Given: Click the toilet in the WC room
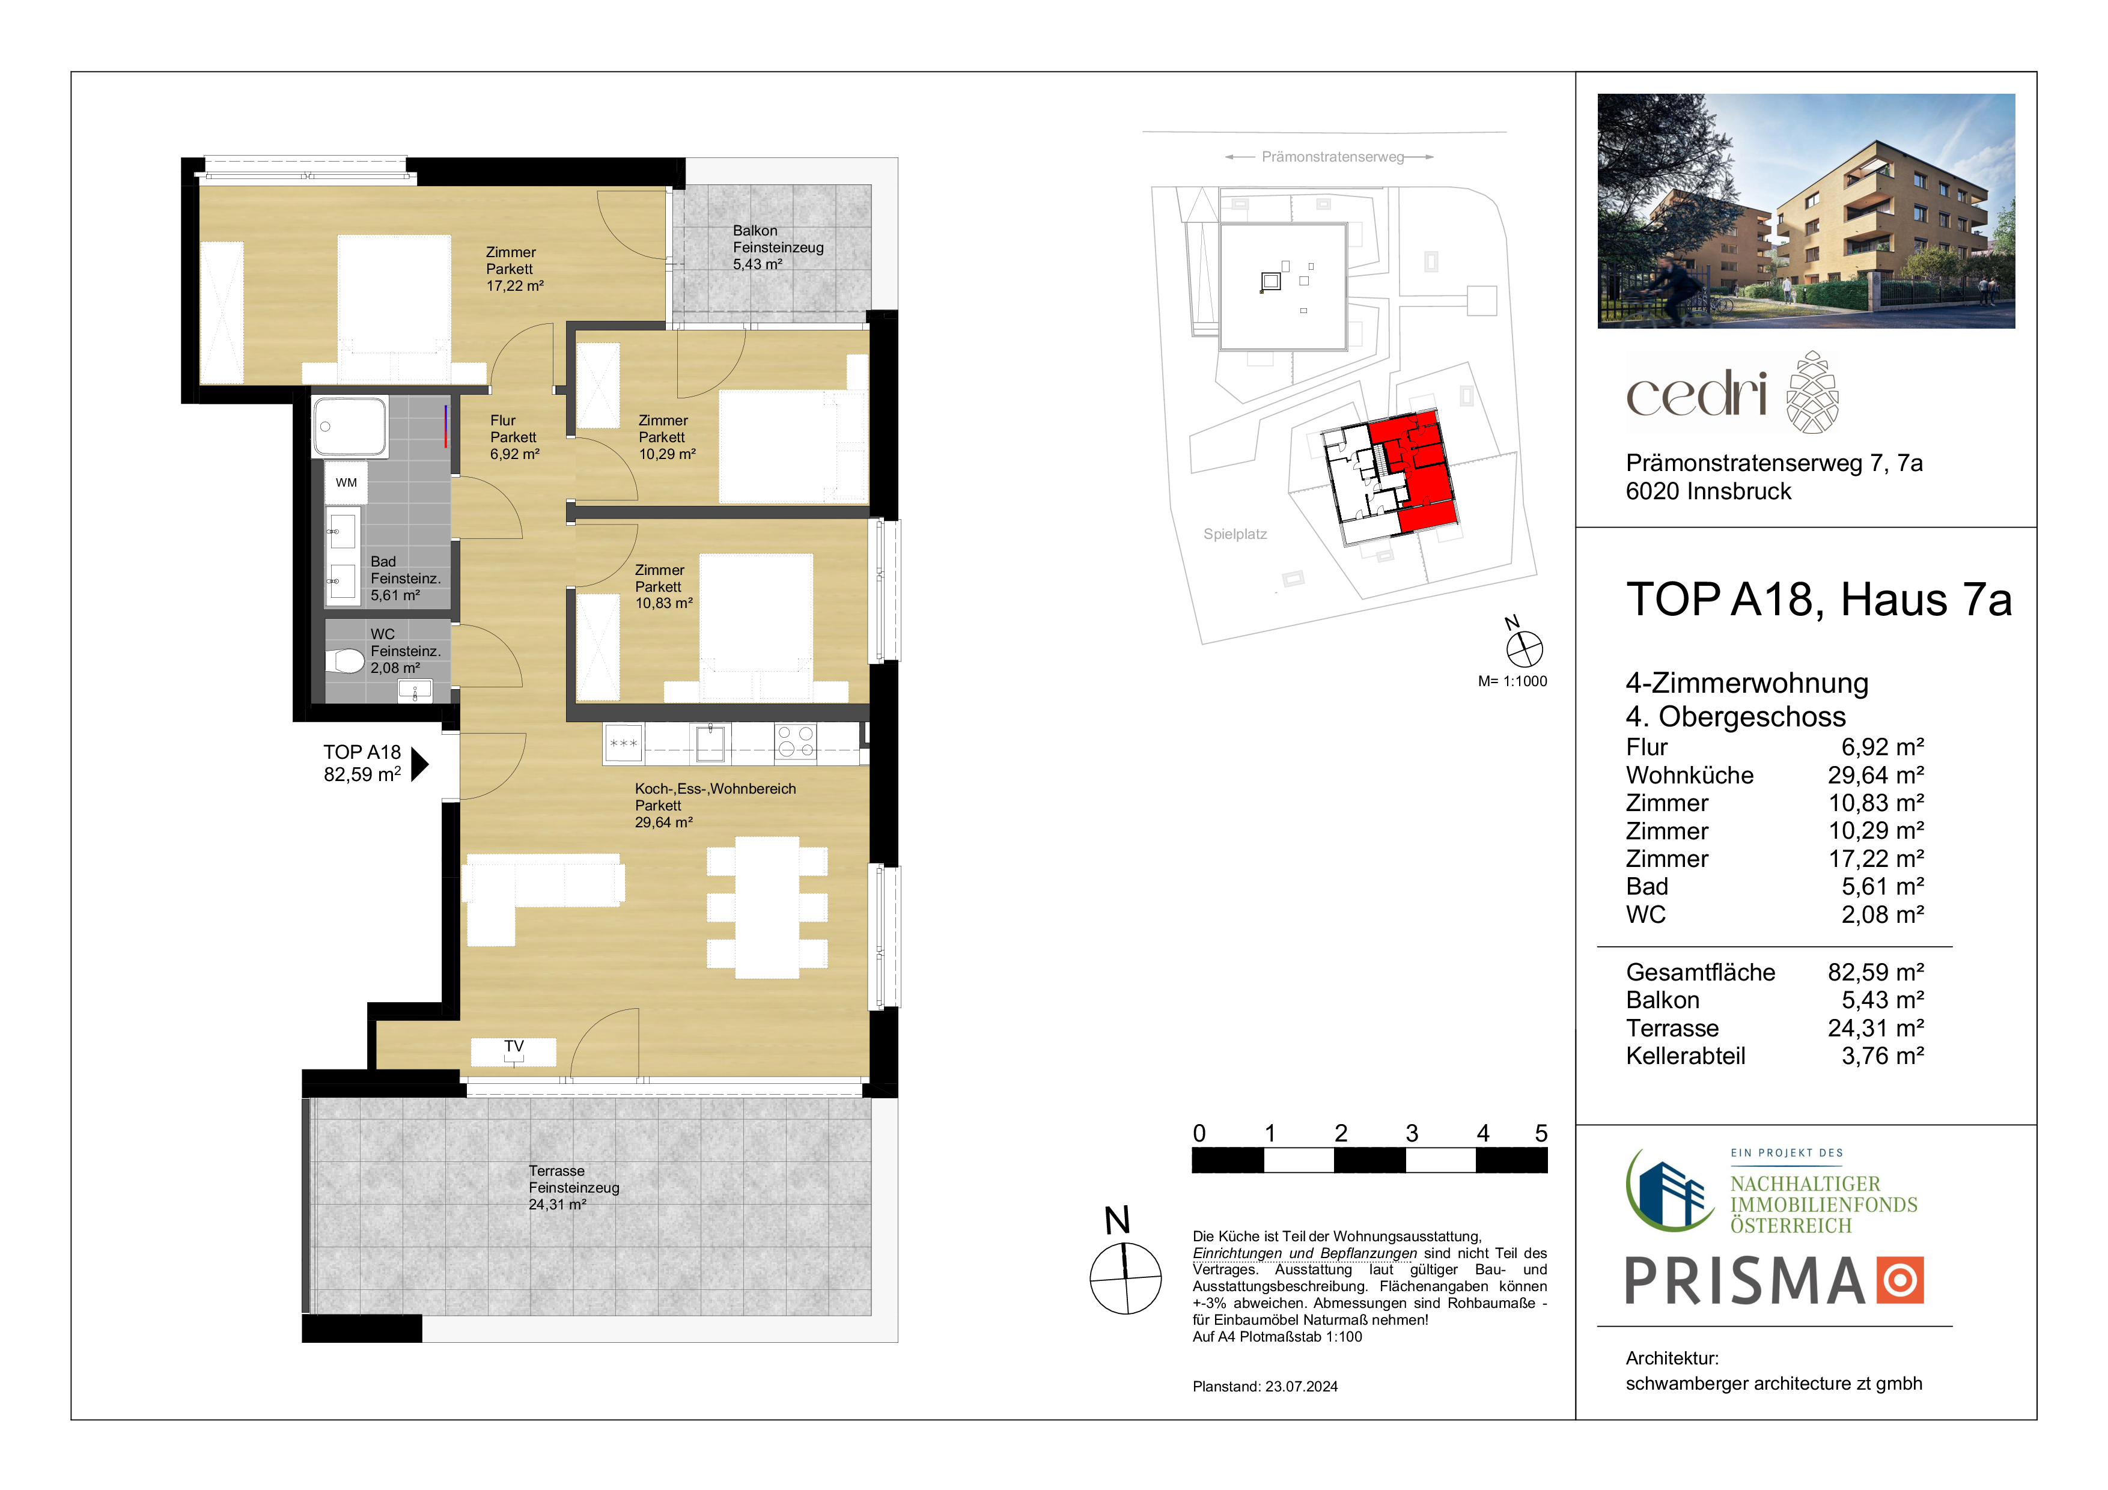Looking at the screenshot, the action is point(345,660).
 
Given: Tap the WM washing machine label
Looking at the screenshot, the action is point(346,483).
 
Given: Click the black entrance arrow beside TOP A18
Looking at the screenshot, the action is point(419,764).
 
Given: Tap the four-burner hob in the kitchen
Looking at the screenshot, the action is point(795,742).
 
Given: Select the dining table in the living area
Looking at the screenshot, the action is point(767,907).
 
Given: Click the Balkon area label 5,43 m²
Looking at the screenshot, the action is point(757,264).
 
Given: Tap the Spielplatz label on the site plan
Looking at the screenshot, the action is point(1235,534).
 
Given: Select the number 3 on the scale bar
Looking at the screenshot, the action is point(1412,1134).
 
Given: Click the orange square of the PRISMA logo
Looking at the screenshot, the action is point(1899,1280).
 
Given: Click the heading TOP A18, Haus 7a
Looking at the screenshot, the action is point(1819,600).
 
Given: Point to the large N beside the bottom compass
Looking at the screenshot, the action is point(1117,1221).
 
